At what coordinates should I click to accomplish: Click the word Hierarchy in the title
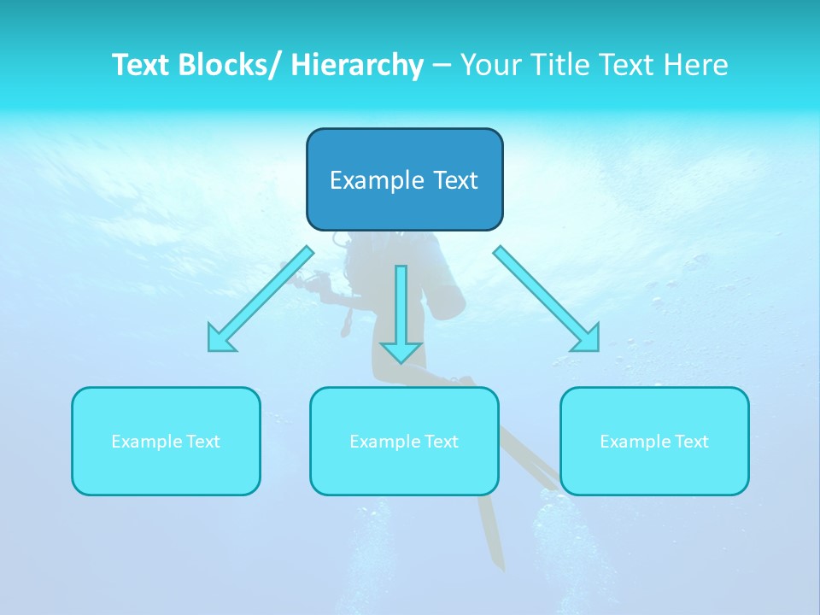click(356, 65)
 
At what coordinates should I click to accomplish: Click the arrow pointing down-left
click(261, 299)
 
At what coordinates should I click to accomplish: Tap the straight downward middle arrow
click(401, 307)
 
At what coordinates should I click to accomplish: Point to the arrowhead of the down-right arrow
click(588, 338)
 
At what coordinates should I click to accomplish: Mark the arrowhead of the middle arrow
click(401, 350)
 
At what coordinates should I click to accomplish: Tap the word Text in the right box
click(691, 442)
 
